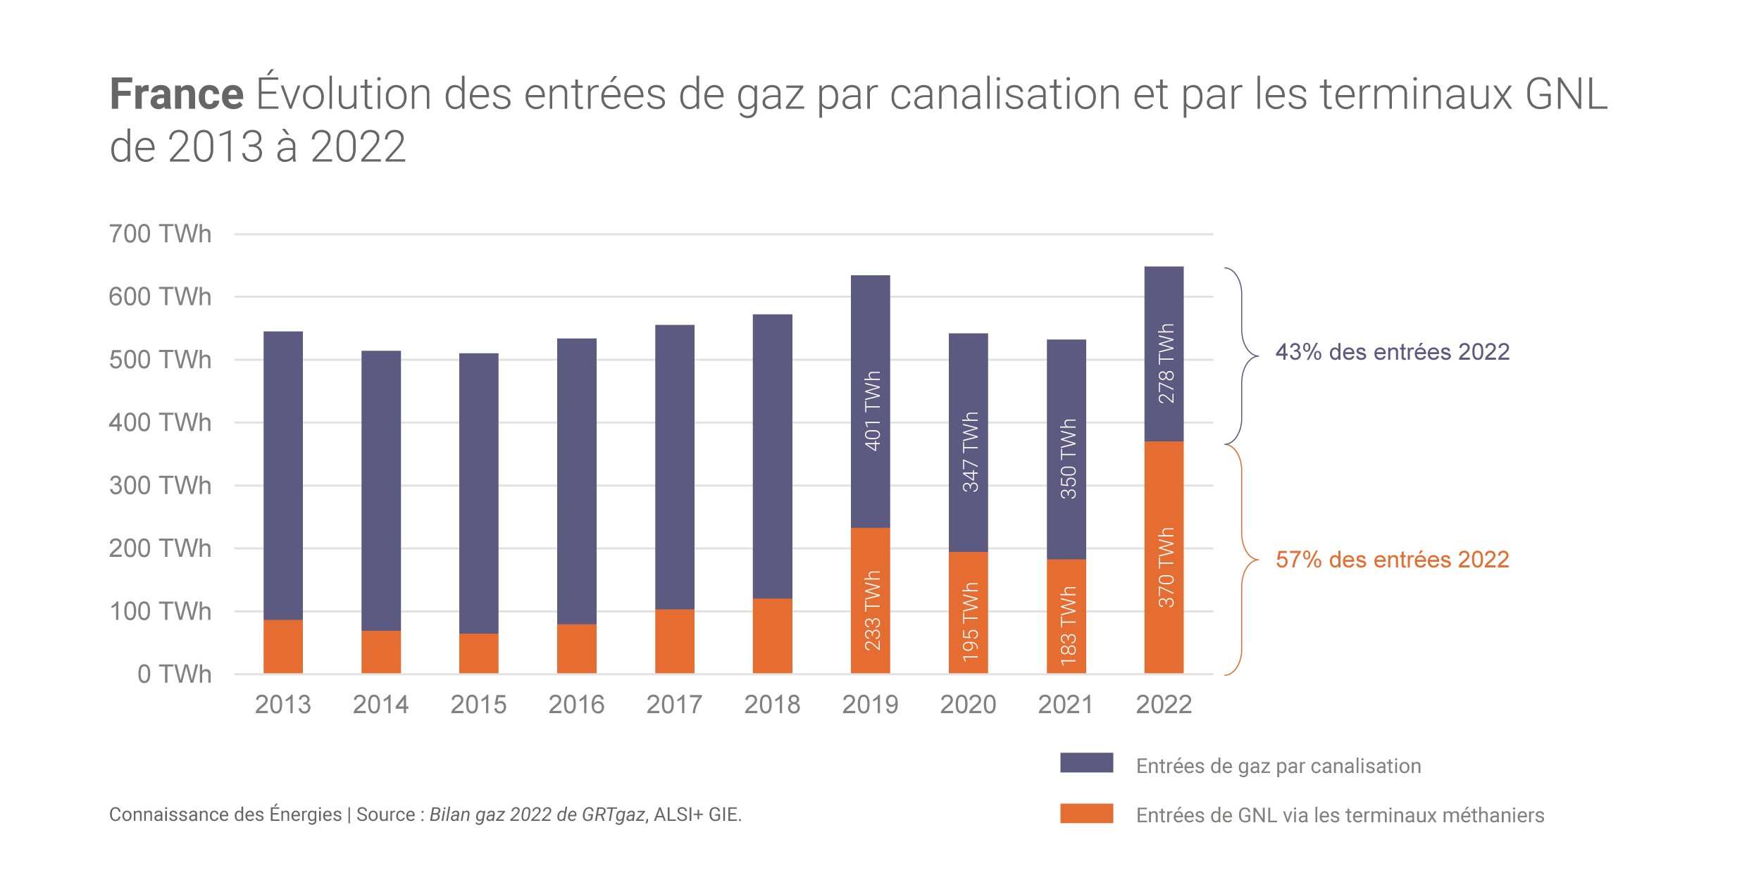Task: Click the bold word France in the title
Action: tap(177, 94)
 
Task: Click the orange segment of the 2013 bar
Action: tap(283, 646)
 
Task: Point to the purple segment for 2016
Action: tap(576, 481)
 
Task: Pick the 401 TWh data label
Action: tap(872, 410)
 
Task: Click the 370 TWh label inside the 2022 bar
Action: tap(1166, 567)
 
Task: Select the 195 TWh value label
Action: tap(970, 622)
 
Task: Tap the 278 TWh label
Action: tap(1166, 363)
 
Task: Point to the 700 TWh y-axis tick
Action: tap(160, 234)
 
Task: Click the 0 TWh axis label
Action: tap(174, 674)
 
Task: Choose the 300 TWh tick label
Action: tap(160, 485)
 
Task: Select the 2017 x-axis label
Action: tap(674, 705)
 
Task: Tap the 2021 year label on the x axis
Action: tap(1065, 705)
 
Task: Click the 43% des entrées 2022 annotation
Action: tap(1392, 352)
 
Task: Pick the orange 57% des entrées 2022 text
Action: tap(1392, 560)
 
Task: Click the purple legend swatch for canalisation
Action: tap(1086, 762)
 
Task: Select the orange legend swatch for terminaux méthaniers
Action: tap(1086, 813)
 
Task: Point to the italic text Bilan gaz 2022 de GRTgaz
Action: tap(537, 815)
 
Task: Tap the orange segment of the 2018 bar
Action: tap(772, 636)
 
